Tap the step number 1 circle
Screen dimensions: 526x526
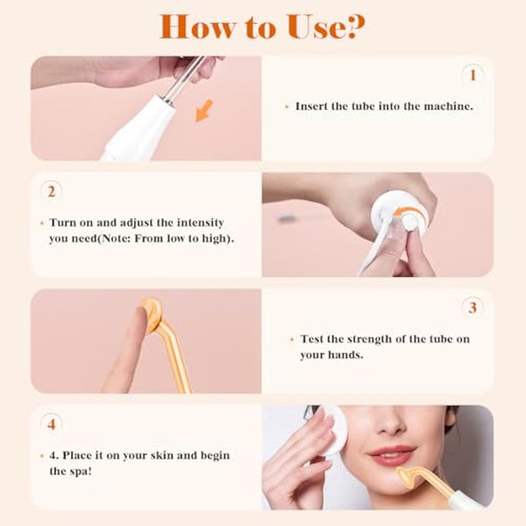click(x=473, y=75)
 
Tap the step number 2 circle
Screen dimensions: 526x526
click(x=52, y=191)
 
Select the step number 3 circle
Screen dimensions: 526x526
click(x=473, y=308)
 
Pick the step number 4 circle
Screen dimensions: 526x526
click(x=52, y=424)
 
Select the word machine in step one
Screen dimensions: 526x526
click(x=447, y=106)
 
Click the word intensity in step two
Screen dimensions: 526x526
click(x=206, y=223)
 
